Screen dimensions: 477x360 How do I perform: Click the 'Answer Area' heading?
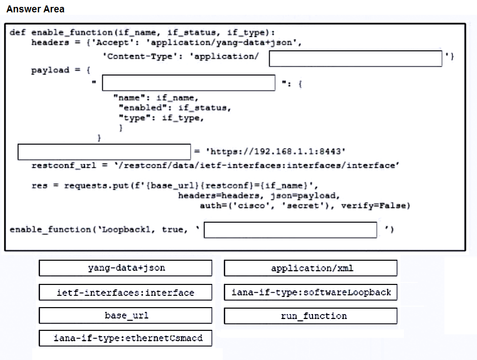pos(35,9)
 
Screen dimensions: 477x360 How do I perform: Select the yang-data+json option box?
pos(125,268)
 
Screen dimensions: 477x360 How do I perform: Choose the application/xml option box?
pos(311,268)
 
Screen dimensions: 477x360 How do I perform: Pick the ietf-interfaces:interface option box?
pos(125,292)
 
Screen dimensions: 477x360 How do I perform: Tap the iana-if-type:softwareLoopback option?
pos(311,292)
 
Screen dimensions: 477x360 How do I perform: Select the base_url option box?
pos(125,315)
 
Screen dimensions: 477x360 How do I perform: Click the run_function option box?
pos(311,316)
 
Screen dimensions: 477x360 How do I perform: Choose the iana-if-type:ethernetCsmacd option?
pos(125,338)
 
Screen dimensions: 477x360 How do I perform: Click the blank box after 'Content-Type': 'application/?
pos(356,58)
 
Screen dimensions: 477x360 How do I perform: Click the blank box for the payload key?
pos(189,83)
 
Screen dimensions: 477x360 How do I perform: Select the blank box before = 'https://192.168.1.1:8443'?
pos(104,152)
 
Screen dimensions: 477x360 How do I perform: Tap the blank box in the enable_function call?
pos(290,230)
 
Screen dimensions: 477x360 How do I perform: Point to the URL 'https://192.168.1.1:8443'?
pos(276,151)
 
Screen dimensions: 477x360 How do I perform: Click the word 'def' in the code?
pos(18,32)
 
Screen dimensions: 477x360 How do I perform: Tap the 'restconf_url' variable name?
pos(64,165)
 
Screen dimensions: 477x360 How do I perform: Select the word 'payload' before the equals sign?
pos(50,70)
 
